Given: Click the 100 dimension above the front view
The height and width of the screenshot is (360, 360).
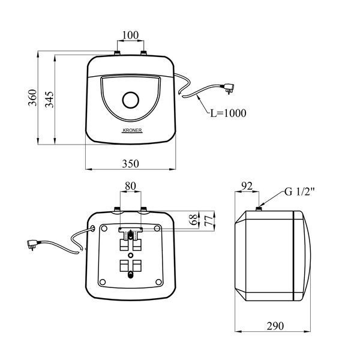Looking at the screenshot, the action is (130, 35).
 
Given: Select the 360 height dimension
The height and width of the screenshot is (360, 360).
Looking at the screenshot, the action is (32, 98).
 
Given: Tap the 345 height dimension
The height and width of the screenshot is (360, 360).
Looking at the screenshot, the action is (49, 100).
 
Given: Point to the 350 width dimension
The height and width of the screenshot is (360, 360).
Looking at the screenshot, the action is (130, 164).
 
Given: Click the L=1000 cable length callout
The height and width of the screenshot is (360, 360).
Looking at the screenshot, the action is (228, 113).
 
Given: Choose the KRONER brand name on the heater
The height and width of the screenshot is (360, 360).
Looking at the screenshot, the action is (132, 130).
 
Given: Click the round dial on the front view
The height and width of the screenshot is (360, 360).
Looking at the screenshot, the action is (131, 100).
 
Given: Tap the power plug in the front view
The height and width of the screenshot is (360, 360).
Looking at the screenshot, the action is (229, 88).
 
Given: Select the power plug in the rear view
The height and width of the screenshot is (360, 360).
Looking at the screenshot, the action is (32, 244).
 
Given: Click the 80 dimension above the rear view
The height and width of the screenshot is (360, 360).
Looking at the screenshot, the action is (130, 186).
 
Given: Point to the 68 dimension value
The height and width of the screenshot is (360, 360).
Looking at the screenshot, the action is (194, 220).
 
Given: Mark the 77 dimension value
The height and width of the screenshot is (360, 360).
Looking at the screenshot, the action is (209, 221).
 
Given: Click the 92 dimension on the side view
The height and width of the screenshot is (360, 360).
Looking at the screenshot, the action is (247, 186).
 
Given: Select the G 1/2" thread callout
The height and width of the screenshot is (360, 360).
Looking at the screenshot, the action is (299, 191).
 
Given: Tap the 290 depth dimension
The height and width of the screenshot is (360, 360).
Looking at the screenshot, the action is (275, 326).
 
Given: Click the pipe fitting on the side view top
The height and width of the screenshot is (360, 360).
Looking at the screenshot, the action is (259, 209).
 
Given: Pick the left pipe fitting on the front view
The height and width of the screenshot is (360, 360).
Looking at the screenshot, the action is (118, 53).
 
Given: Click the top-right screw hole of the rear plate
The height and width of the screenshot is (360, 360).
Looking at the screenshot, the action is (157, 228).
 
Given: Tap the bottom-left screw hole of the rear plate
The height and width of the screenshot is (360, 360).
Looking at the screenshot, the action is (103, 282).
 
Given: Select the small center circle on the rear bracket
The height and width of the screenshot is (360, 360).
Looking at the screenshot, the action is (131, 255).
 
